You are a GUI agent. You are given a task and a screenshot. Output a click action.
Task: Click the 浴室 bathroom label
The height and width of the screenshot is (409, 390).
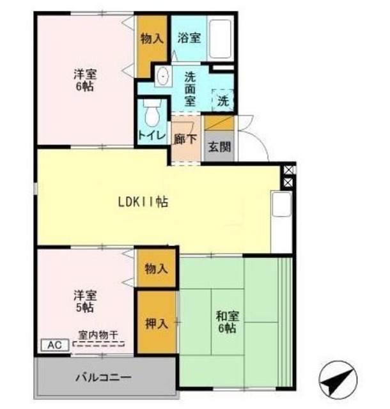189,38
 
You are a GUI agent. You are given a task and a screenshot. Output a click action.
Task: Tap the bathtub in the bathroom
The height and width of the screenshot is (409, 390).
221,38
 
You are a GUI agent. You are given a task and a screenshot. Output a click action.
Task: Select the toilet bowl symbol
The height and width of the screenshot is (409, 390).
152,115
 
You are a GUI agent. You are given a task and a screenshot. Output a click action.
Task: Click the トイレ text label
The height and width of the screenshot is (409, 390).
152,135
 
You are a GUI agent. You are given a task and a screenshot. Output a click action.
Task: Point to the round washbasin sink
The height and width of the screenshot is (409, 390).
161,77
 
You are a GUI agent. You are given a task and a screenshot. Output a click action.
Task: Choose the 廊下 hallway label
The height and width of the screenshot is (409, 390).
185,139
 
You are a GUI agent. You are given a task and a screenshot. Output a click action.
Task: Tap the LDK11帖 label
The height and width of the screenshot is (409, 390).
143,202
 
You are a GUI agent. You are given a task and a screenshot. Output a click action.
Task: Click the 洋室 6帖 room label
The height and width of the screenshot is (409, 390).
83,80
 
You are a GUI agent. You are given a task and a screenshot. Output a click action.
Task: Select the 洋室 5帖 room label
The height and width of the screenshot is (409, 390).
84,301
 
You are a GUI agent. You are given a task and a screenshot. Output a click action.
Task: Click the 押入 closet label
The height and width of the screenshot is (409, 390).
156,323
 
